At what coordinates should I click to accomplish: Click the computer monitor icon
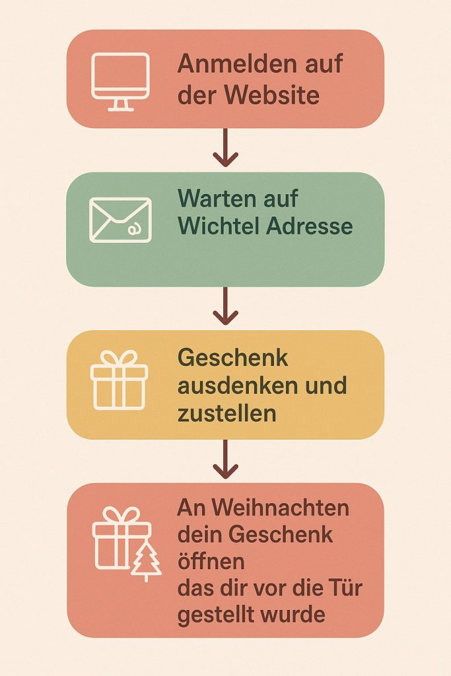coord(120,81)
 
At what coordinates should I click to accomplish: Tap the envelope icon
coord(120,220)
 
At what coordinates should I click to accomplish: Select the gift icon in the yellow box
coord(119,380)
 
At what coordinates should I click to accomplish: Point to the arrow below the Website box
coord(226,147)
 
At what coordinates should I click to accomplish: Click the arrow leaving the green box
coord(226,306)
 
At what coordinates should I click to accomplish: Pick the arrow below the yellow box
coord(226,459)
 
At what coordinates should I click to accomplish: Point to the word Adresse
coord(310,226)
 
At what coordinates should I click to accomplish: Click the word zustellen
coord(226,413)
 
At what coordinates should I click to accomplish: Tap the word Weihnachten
coord(280,508)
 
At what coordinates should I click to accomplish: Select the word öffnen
coord(211,561)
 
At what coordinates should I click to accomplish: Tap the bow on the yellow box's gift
coord(119,358)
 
